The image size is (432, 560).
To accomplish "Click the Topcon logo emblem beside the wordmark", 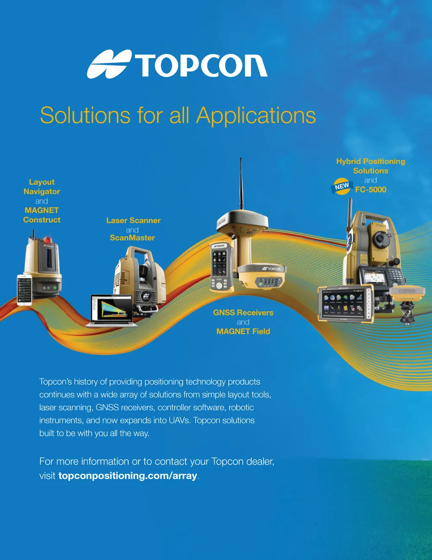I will point(108,64).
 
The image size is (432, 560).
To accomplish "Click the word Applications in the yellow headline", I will point(256,115).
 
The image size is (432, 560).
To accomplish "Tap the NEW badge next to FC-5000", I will point(342,187).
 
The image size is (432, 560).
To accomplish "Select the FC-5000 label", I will point(371,189).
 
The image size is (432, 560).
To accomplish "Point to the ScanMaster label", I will point(132,238).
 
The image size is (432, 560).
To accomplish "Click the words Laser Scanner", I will point(133,221).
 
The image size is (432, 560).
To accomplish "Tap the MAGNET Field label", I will point(243,331).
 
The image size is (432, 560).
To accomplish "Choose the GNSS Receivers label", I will point(243,312).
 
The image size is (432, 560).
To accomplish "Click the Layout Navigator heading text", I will point(42,187).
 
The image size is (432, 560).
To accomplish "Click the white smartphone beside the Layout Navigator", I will point(24,289).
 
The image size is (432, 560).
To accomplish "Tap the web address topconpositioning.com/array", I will point(128,476).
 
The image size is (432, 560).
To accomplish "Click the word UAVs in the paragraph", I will point(179,420).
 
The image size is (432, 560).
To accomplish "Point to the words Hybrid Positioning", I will point(370,161).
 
